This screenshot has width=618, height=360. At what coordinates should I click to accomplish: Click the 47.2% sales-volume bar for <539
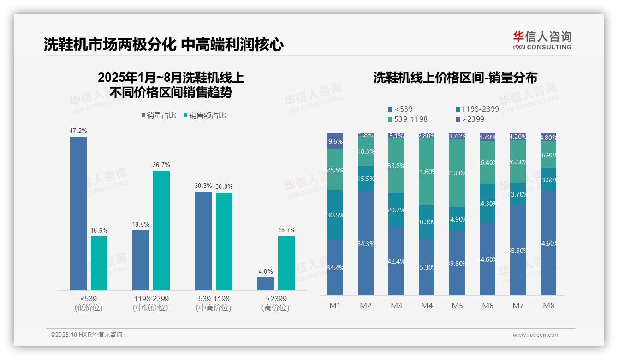[x=78, y=213]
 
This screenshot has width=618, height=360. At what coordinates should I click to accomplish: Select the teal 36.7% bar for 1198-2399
[x=161, y=230]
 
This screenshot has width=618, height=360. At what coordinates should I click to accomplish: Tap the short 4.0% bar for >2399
[x=266, y=283]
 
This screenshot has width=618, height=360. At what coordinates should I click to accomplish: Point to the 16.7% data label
[x=286, y=230]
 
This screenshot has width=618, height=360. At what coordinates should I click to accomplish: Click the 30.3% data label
[x=203, y=186]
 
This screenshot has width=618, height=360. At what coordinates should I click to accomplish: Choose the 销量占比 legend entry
[x=159, y=115]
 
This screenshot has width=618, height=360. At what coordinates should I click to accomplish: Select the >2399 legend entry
[x=470, y=119]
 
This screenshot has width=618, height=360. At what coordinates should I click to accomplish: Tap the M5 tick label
[x=457, y=306]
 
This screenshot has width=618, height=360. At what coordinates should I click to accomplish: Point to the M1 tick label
[x=335, y=306]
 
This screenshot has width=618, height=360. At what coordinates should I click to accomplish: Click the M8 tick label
[x=548, y=306]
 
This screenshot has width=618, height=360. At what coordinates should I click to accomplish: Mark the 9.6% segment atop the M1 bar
[x=335, y=141]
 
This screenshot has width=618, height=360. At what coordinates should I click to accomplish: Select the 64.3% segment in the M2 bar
[x=366, y=243]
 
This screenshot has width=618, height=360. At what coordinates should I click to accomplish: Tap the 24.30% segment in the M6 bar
[x=487, y=204]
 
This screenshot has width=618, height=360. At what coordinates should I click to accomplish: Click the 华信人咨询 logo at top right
[x=542, y=40]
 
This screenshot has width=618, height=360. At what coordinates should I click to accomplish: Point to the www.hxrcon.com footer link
[x=536, y=335]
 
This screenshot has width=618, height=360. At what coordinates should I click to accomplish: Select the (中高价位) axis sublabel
[x=213, y=308]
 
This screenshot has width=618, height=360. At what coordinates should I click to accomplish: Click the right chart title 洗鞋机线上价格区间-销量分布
[x=455, y=78]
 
